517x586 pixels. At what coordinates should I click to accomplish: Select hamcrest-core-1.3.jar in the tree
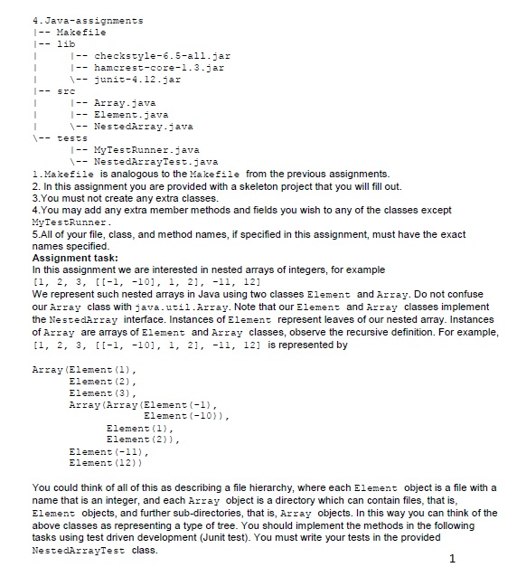[x=147, y=67]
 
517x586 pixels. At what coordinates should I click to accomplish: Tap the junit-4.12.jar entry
[x=133, y=79]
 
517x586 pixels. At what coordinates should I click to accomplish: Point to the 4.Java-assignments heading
[x=74, y=20]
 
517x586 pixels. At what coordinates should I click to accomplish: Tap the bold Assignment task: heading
[x=79, y=259]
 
